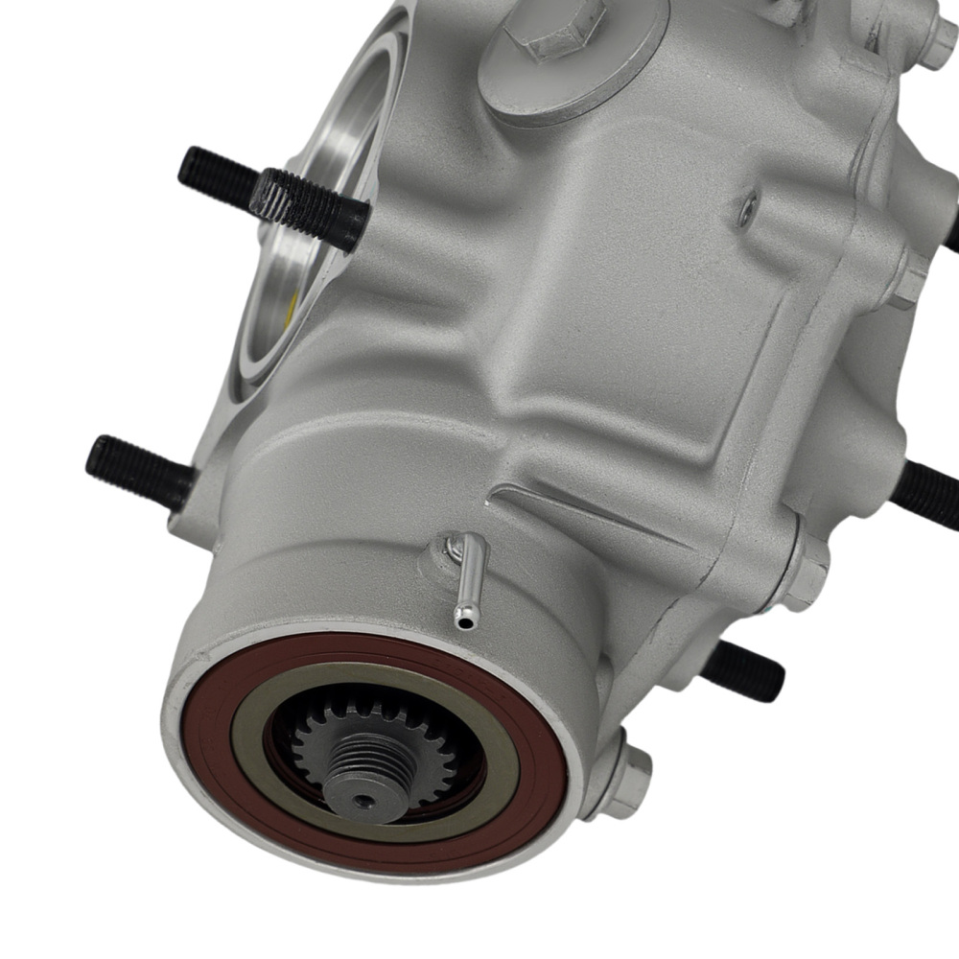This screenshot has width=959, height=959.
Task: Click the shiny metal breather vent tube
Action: coord(470,580)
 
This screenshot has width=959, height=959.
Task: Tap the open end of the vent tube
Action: coord(465,623)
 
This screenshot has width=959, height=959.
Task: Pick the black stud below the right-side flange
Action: coord(743,671)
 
